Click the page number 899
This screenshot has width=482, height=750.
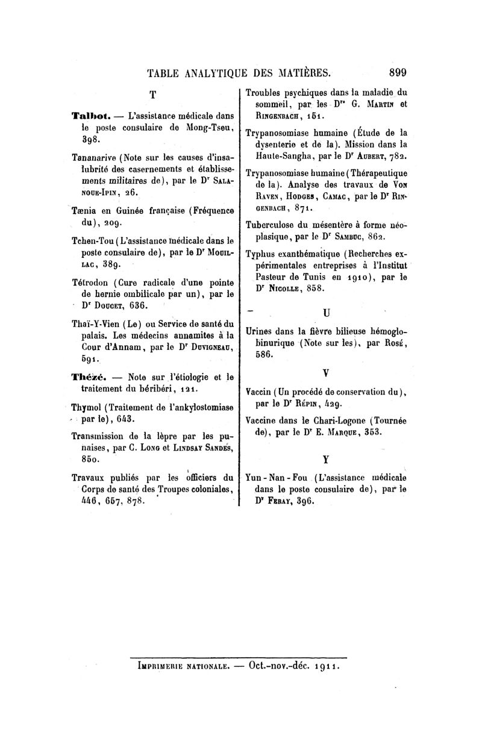(x=398, y=73)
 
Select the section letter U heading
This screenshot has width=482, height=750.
(x=326, y=313)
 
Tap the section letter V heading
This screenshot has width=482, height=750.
(x=326, y=373)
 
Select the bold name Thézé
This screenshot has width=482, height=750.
(x=88, y=378)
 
